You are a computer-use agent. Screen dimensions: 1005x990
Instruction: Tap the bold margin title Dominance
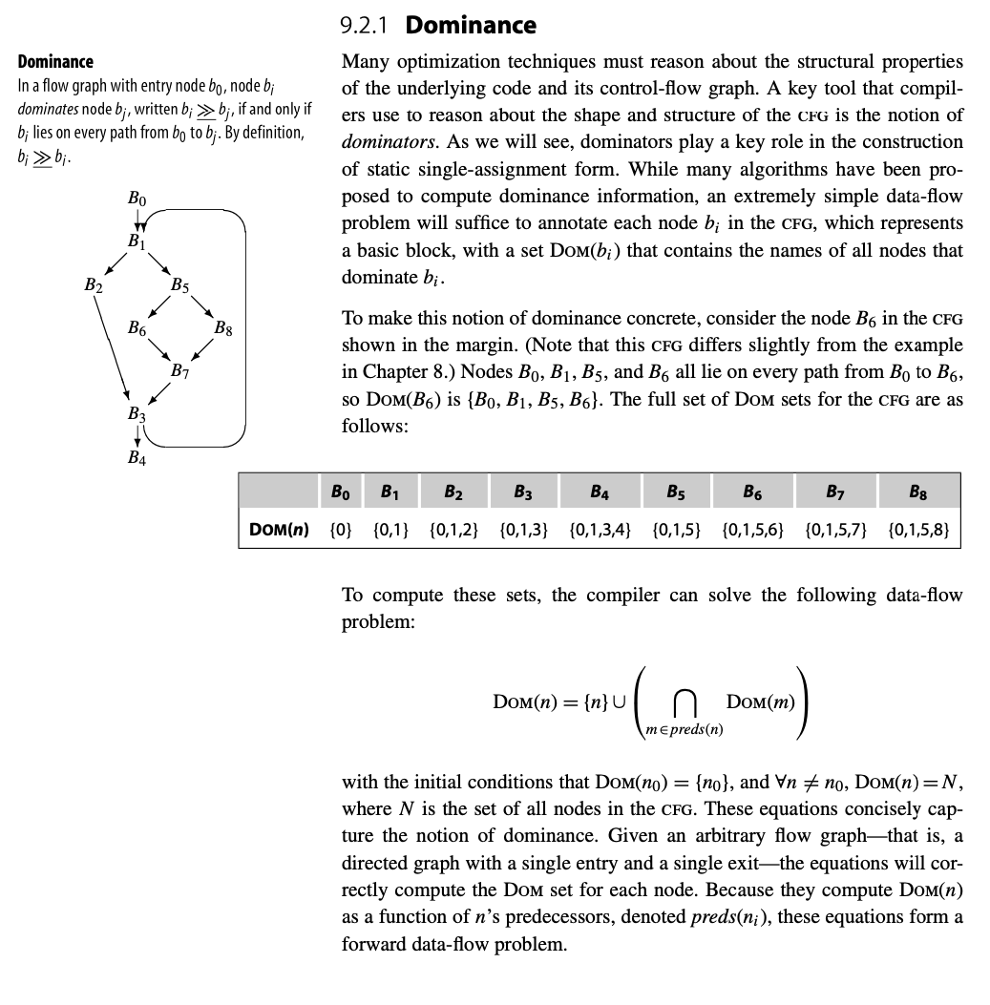55,62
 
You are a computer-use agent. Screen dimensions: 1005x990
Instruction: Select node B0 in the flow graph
137,199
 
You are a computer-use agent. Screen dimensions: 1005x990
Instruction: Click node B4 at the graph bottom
137,456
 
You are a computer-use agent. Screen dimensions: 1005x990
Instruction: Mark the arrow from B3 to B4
137,435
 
